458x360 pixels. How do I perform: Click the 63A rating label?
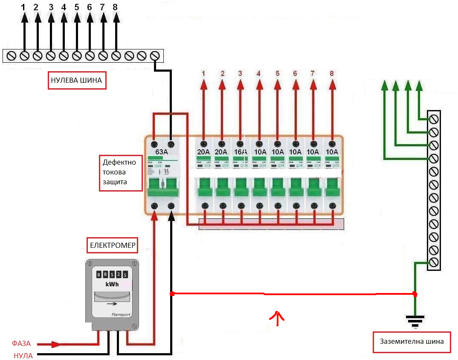tap(162, 152)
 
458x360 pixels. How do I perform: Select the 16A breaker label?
tap(240, 152)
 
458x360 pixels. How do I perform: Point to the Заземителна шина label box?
tap(412, 342)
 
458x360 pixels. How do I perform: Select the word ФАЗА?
tap(21, 344)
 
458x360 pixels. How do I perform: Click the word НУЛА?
tap(23, 355)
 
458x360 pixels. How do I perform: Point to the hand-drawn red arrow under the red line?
tap(277, 318)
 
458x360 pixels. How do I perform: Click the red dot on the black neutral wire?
tap(171, 294)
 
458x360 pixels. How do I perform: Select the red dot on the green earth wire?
tap(415, 294)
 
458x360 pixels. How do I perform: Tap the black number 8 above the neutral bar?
tap(116, 7)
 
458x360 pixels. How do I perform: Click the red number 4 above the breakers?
tap(258, 73)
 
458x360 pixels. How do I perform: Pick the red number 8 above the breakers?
tap(332, 73)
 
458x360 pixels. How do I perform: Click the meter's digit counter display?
tap(112, 274)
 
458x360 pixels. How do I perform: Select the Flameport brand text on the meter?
tap(121, 315)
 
